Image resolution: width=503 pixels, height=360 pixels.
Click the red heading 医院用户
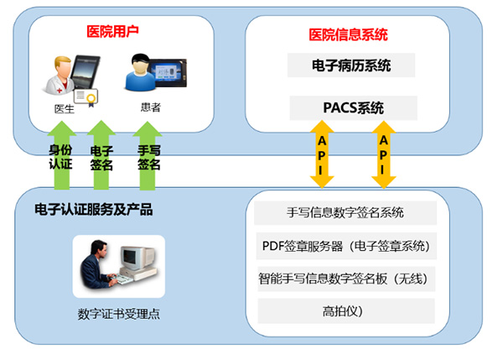click(x=112, y=32)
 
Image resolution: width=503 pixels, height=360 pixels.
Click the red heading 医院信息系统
click(x=349, y=34)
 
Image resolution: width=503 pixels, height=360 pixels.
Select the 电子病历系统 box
click(x=351, y=65)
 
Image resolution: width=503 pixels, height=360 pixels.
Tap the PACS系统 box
click(x=353, y=108)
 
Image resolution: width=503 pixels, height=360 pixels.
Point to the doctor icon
click(x=60, y=76)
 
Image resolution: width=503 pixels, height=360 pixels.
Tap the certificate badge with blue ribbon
click(x=86, y=97)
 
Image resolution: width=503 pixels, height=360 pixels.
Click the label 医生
click(x=65, y=109)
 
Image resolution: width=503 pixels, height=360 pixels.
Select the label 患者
click(x=150, y=107)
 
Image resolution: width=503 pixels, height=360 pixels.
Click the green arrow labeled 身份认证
click(x=61, y=155)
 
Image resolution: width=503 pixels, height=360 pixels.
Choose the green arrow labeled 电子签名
click(x=101, y=155)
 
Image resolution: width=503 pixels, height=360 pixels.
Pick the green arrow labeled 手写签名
click(x=148, y=156)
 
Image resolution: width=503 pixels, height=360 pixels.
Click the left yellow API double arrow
click(x=322, y=154)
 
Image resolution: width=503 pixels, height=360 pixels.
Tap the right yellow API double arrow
click(x=383, y=154)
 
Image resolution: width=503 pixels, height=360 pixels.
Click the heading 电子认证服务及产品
click(x=93, y=210)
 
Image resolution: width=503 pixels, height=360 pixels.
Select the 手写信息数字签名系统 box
click(x=345, y=212)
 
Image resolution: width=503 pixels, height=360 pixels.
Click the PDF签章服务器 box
click(x=346, y=246)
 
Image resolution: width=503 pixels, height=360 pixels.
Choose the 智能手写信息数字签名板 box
click(x=346, y=279)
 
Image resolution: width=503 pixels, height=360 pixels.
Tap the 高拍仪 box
click(x=346, y=310)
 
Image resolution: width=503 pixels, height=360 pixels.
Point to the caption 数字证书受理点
click(x=119, y=314)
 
